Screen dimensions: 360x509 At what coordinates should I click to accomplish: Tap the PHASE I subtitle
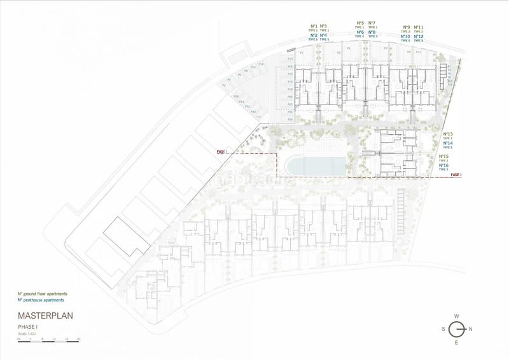(x=29, y=326)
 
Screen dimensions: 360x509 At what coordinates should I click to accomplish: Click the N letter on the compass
(x=471, y=329)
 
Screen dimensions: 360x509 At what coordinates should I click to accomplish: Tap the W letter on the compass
(x=456, y=315)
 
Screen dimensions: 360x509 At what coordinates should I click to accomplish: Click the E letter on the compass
(x=456, y=343)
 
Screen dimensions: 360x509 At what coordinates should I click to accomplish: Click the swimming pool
(x=315, y=165)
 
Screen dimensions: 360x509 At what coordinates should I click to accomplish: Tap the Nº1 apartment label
(x=313, y=26)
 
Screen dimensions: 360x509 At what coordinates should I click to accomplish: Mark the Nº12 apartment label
(x=418, y=36)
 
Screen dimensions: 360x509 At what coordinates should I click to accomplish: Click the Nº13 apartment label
(x=447, y=134)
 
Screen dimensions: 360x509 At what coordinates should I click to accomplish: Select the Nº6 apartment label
(x=359, y=32)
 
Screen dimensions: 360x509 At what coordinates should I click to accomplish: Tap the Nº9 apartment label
(x=407, y=27)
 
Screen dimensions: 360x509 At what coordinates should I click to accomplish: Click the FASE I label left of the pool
(x=222, y=152)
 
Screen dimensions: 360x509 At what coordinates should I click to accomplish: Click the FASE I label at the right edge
(x=456, y=174)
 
